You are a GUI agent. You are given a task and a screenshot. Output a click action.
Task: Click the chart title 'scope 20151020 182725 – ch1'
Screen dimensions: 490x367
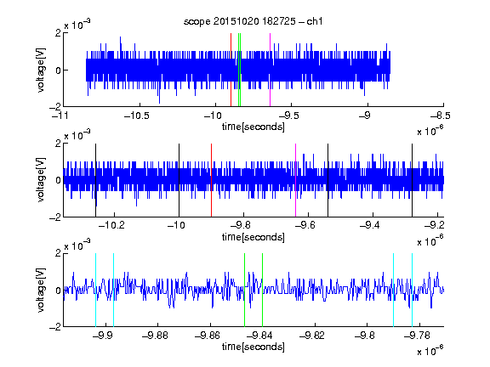[253, 21]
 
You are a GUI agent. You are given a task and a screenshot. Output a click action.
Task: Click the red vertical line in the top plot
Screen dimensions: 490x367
[231, 70]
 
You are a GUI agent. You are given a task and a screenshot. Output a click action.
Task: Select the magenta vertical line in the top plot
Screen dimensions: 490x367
[270, 70]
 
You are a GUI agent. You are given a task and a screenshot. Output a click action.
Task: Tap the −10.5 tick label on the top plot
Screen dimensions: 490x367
[137, 116]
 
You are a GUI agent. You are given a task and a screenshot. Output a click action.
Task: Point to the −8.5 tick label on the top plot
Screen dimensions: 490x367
[440, 116]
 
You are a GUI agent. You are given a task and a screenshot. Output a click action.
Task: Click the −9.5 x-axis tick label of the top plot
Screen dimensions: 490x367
[288, 116]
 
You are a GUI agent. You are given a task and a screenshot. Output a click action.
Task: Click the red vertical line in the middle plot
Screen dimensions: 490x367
[212, 180]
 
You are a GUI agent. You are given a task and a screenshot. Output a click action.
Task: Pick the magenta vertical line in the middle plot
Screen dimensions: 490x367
[296, 180]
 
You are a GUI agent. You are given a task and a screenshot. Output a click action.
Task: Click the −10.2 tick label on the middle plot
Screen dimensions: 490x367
[111, 225]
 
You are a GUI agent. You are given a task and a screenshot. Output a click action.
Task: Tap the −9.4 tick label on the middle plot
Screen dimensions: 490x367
[370, 225]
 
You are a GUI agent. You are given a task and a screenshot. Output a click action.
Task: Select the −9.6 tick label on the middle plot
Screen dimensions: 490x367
[305, 225]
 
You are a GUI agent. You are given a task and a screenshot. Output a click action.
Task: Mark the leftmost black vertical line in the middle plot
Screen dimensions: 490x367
[95, 180]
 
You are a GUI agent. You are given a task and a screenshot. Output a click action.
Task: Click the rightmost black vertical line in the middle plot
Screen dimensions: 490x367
[413, 180]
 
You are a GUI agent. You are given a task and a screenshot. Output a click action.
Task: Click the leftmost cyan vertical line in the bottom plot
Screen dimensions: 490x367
[95, 290]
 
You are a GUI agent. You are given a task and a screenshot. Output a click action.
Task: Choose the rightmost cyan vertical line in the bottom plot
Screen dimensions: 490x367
[413, 290]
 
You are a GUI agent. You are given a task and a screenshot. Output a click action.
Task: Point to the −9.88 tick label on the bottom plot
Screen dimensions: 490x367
[155, 336]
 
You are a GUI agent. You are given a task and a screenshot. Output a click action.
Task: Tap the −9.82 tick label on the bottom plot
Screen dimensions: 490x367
[312, 336]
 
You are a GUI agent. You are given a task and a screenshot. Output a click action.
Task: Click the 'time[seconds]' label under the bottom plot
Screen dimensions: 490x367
[254, 347]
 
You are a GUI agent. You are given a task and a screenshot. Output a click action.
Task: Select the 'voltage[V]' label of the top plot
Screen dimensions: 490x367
[41, 70]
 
